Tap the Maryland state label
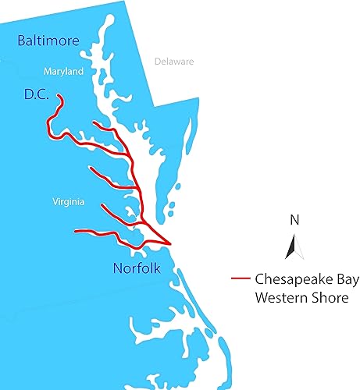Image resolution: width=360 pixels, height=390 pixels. [x=64, y=72]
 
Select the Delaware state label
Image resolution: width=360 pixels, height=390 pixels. [x=173, y=61]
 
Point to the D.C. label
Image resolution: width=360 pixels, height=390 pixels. [x=37, y=96]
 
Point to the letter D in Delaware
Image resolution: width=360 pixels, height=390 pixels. [x=158, y=61]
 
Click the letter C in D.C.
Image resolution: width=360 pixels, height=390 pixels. [x=43, y=96]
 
